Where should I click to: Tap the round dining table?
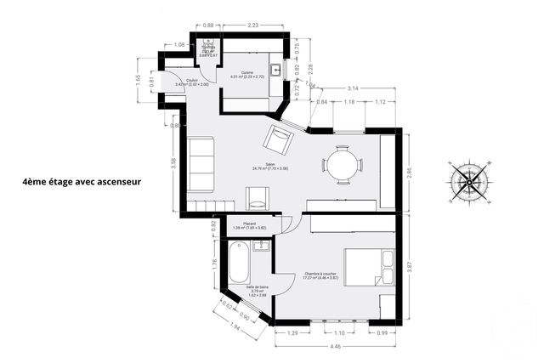click(x=342, y=164)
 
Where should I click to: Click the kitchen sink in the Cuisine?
click(x=275, y=71)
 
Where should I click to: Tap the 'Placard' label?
click(x=250, y=224)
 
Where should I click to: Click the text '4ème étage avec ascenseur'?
click(x=82, y=181)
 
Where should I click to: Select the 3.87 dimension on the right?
click(x=409, y=265)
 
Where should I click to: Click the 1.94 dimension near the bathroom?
click(x=234, y=326)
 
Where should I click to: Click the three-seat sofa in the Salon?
click(x=201, y=165)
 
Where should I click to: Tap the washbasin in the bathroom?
click(x=263, y=247)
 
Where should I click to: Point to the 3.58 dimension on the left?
click(x=173, y=163)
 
